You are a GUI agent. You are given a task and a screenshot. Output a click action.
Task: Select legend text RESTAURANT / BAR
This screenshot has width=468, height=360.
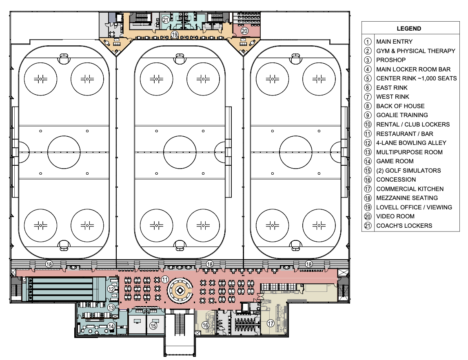[404, 133]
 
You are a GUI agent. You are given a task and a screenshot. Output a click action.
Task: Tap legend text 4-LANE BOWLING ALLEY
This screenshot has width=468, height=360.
[411, 143]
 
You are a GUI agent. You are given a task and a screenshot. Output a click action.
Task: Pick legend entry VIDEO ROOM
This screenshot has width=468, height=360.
[395, 216]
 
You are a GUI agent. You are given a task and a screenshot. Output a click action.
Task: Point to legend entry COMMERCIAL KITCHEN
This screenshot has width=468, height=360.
[410, 189]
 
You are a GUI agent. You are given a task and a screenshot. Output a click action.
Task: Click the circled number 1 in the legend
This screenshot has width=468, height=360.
[368, 42]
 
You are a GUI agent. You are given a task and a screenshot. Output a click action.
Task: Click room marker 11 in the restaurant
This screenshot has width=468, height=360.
[164, 279]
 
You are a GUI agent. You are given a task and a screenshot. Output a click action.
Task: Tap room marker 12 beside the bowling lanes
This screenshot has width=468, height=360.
[111, 289]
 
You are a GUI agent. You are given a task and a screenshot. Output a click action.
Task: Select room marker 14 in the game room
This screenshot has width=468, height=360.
[111, 326]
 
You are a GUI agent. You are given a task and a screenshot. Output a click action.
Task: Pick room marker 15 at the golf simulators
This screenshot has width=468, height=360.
[153, 326]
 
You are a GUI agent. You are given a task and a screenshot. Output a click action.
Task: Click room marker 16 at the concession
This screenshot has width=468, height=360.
[206, 325]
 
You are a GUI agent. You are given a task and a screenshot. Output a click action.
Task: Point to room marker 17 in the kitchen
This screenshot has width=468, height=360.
[270, 324]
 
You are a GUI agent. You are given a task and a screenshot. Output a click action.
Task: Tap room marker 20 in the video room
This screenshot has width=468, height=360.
[244, 30]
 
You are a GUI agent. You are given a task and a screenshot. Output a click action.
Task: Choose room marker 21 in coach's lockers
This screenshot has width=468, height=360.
[165, 20]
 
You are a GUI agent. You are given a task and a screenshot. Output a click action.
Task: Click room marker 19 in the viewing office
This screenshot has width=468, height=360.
[175, 35]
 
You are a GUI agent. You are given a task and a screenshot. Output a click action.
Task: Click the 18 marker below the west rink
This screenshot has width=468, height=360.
[49, 264]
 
